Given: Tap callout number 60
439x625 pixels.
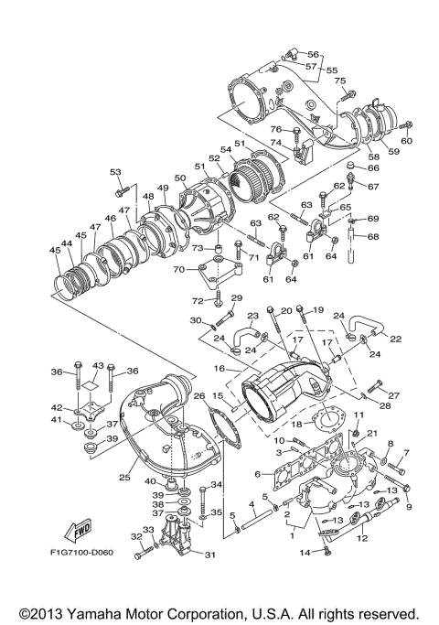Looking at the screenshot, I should click(x=407, y=141).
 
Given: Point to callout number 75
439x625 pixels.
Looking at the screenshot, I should click(x=340, y=81).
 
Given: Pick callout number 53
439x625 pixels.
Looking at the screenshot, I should click(x=115, y=171).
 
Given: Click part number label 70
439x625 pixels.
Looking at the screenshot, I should click(x=180, y=269).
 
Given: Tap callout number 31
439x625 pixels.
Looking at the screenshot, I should click(x=209, y=555).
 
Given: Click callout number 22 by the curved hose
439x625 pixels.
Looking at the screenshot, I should click(x=396, y=339).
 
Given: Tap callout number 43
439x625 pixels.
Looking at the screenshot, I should click(x=98, y=365).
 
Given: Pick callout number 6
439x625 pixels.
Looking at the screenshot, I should click(x=259, y=473).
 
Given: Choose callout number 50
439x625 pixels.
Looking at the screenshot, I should click(x=179, y=178).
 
